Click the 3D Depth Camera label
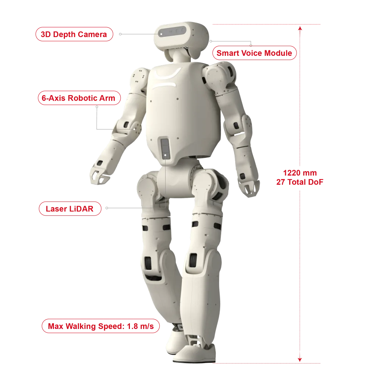[74, 34]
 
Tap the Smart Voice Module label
[254, 53]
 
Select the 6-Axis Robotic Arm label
[79, 98]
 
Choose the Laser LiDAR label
[70, 209]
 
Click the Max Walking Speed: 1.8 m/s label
[101, 326]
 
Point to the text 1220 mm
[300, 173]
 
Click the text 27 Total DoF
[299, 182]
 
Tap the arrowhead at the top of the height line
[300, 29]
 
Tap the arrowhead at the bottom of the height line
[299, 359]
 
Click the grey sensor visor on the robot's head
[172, 32]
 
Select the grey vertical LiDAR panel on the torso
[165, 148]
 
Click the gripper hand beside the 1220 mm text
[249, 187]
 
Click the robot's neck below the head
[179, 56]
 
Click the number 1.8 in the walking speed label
[132, 326]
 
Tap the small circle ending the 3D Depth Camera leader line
[120, 34]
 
